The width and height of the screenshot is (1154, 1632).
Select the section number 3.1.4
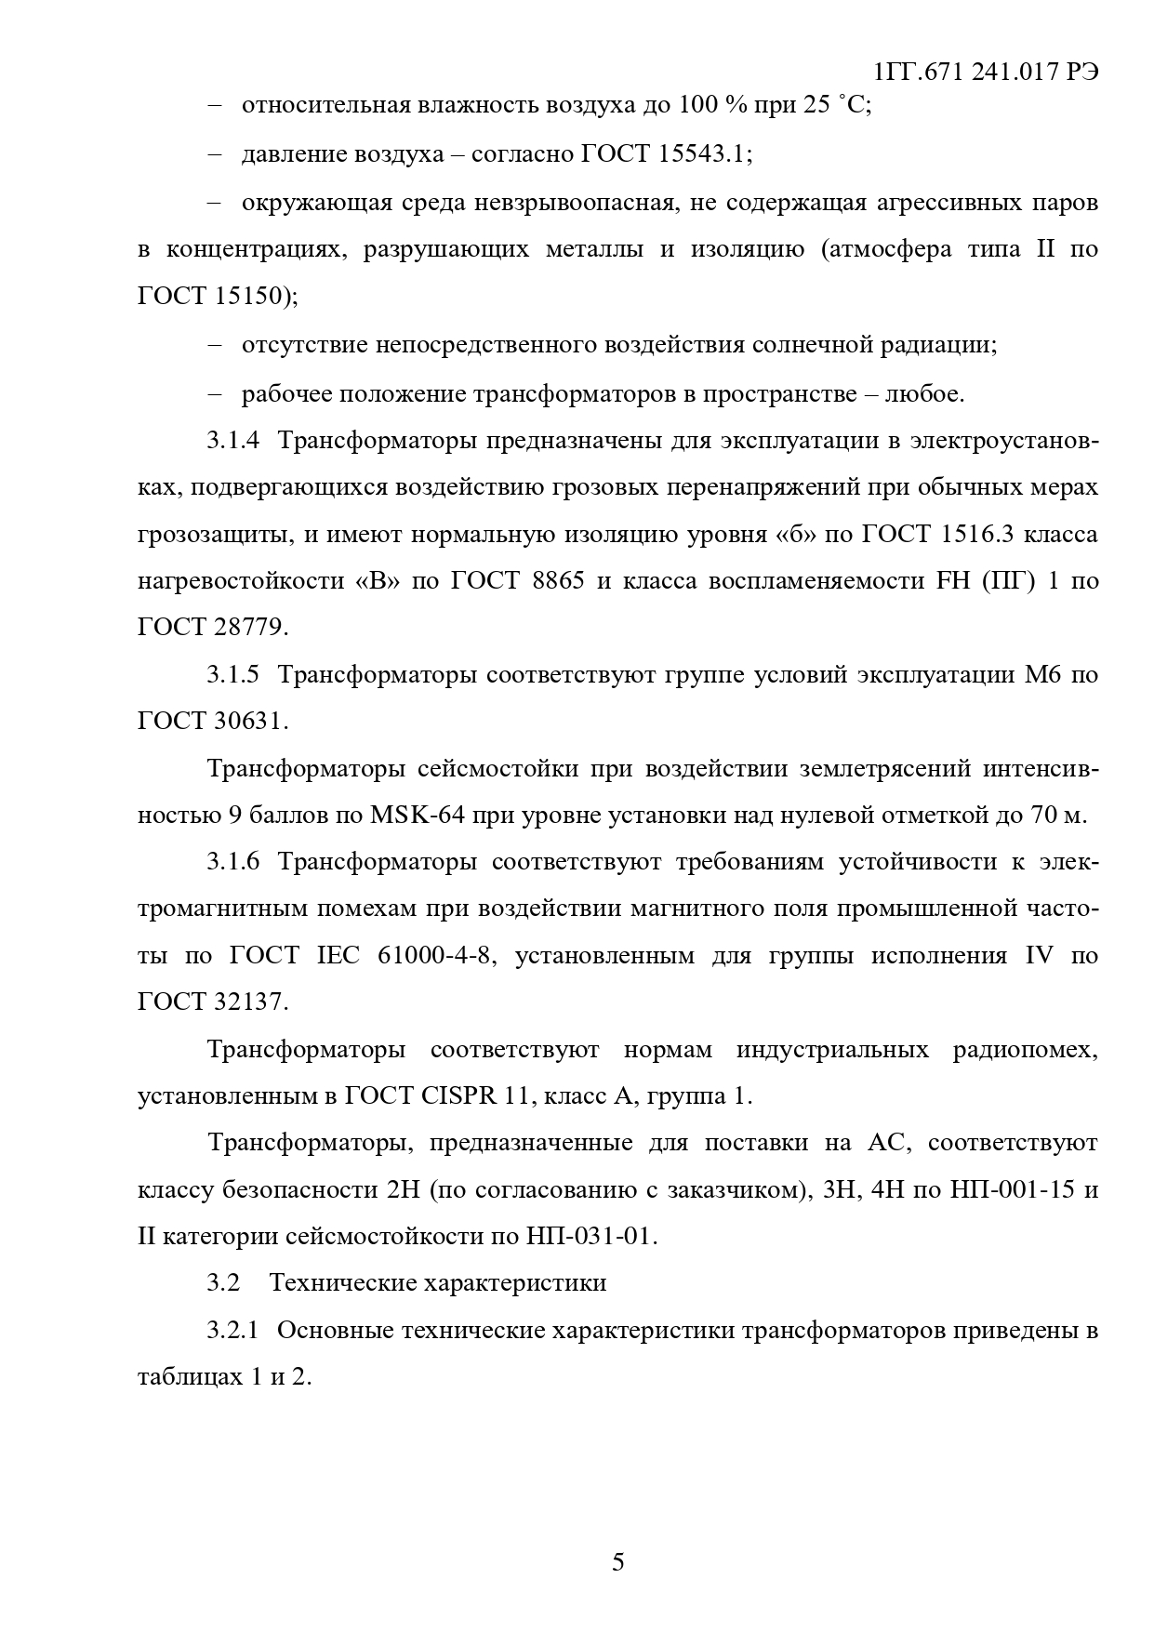[x=232, y=441]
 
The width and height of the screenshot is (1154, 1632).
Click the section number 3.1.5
[x=232, y=674]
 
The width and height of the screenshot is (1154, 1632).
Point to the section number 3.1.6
[x=232, y=862]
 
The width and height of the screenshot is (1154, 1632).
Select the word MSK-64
[x=410, y=816]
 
